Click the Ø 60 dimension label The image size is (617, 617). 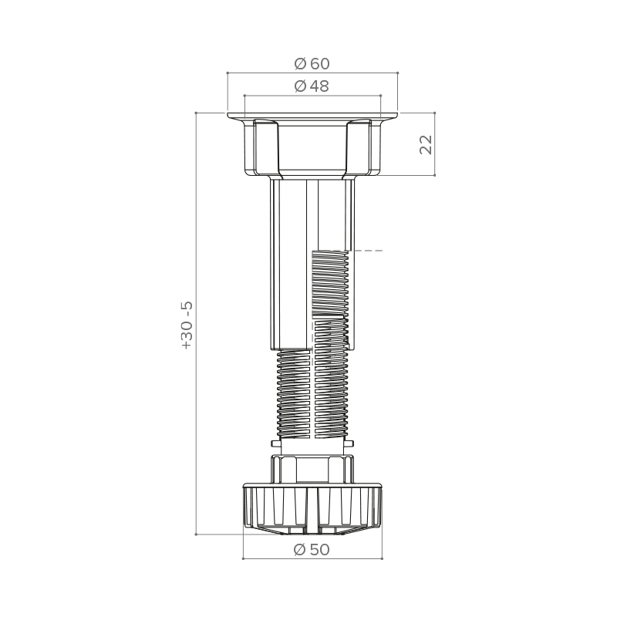pyautogui.click(x=312, y=64)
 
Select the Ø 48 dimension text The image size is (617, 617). pyautogui.click(x=312, y=86)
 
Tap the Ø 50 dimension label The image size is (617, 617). pyautogui.click(x=312, y=550)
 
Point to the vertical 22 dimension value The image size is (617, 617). pyautogui.click(x=427, y=145)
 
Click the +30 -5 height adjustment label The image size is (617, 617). pyautogui.click(x=187, y=325)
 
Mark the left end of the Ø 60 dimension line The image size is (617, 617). pyautogui.click(x=228, y=72)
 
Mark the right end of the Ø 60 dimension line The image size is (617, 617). pyautogui.click(x=397, y=72)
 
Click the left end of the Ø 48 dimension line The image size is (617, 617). pyautogui.click(x=244, y=95)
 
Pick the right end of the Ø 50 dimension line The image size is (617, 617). pyautogui.click(x=382, y=558)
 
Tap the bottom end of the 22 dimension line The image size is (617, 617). pyautogui.click(x=434, y=175)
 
